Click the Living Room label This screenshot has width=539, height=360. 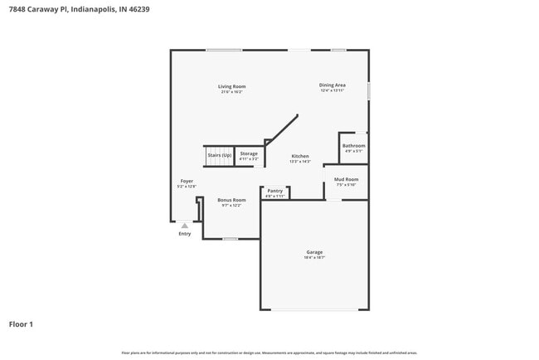[232, 86]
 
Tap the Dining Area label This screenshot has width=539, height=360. [332, 85]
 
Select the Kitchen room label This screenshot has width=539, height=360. [299, 156]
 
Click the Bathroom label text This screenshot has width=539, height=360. [354, 146]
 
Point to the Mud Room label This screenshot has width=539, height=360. [346, 179]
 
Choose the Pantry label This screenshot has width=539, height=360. [275, 191]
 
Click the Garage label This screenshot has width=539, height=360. [314, 252]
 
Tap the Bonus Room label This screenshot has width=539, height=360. [231, 200]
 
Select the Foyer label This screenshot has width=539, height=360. [187, 181]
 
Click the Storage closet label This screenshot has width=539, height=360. [249, 153]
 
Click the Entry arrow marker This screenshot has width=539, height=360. [185, 225]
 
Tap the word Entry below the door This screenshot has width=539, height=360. [185, 234]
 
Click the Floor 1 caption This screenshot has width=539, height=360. [21, 324]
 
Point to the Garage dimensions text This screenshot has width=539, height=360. [314, 258]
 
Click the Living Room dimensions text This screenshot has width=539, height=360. [232, 92]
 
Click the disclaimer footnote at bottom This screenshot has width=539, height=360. [269, 353]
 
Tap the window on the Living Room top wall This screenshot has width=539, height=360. [224, 50]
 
